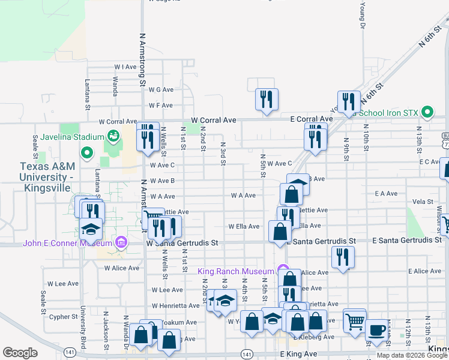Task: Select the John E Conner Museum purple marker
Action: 121,242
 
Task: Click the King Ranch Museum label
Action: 236,272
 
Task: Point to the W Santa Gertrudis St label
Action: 181,243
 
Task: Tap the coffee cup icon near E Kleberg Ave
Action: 376,330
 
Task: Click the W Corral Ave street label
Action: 214,120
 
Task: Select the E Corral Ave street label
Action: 311,119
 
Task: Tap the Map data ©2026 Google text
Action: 412,355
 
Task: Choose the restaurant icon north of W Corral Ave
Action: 266,98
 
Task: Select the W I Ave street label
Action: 126,67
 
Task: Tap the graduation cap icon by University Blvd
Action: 91,229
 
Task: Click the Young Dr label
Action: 363,15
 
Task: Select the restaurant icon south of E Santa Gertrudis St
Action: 343,257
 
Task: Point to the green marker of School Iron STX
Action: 427,112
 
